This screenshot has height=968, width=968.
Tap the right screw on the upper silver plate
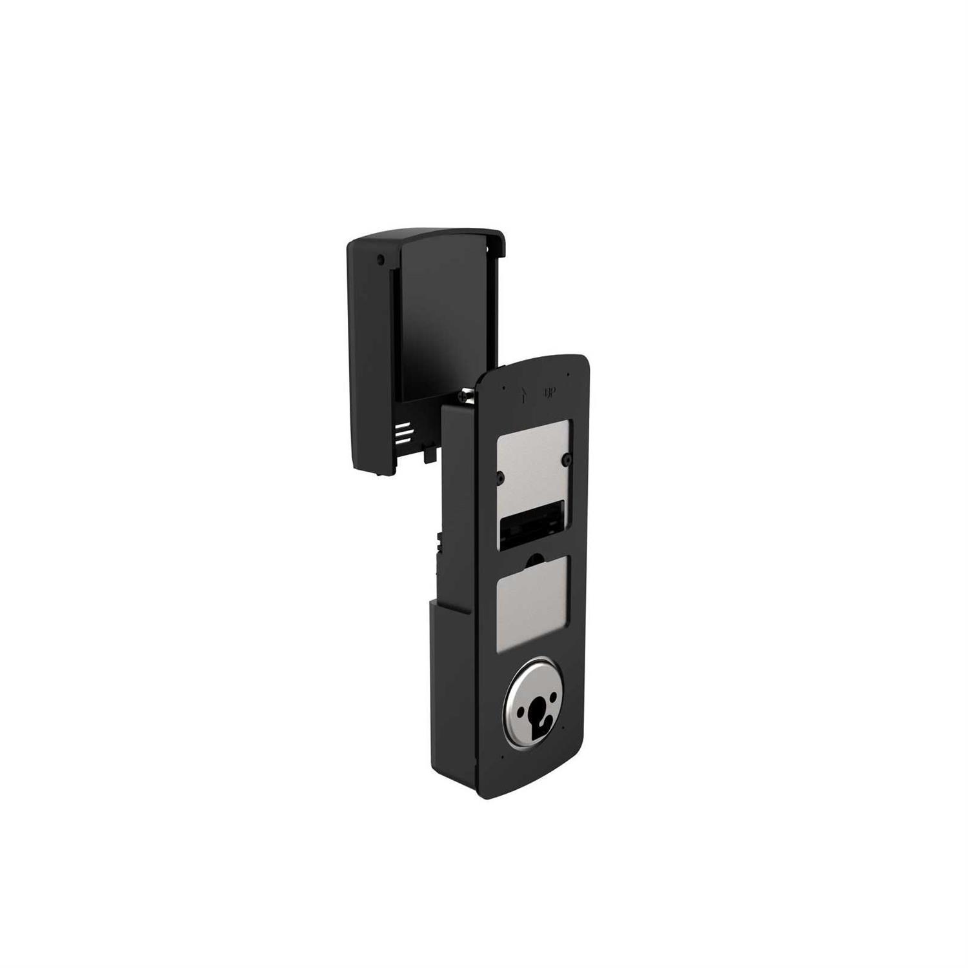565,458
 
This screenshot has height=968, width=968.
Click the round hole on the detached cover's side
380,259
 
